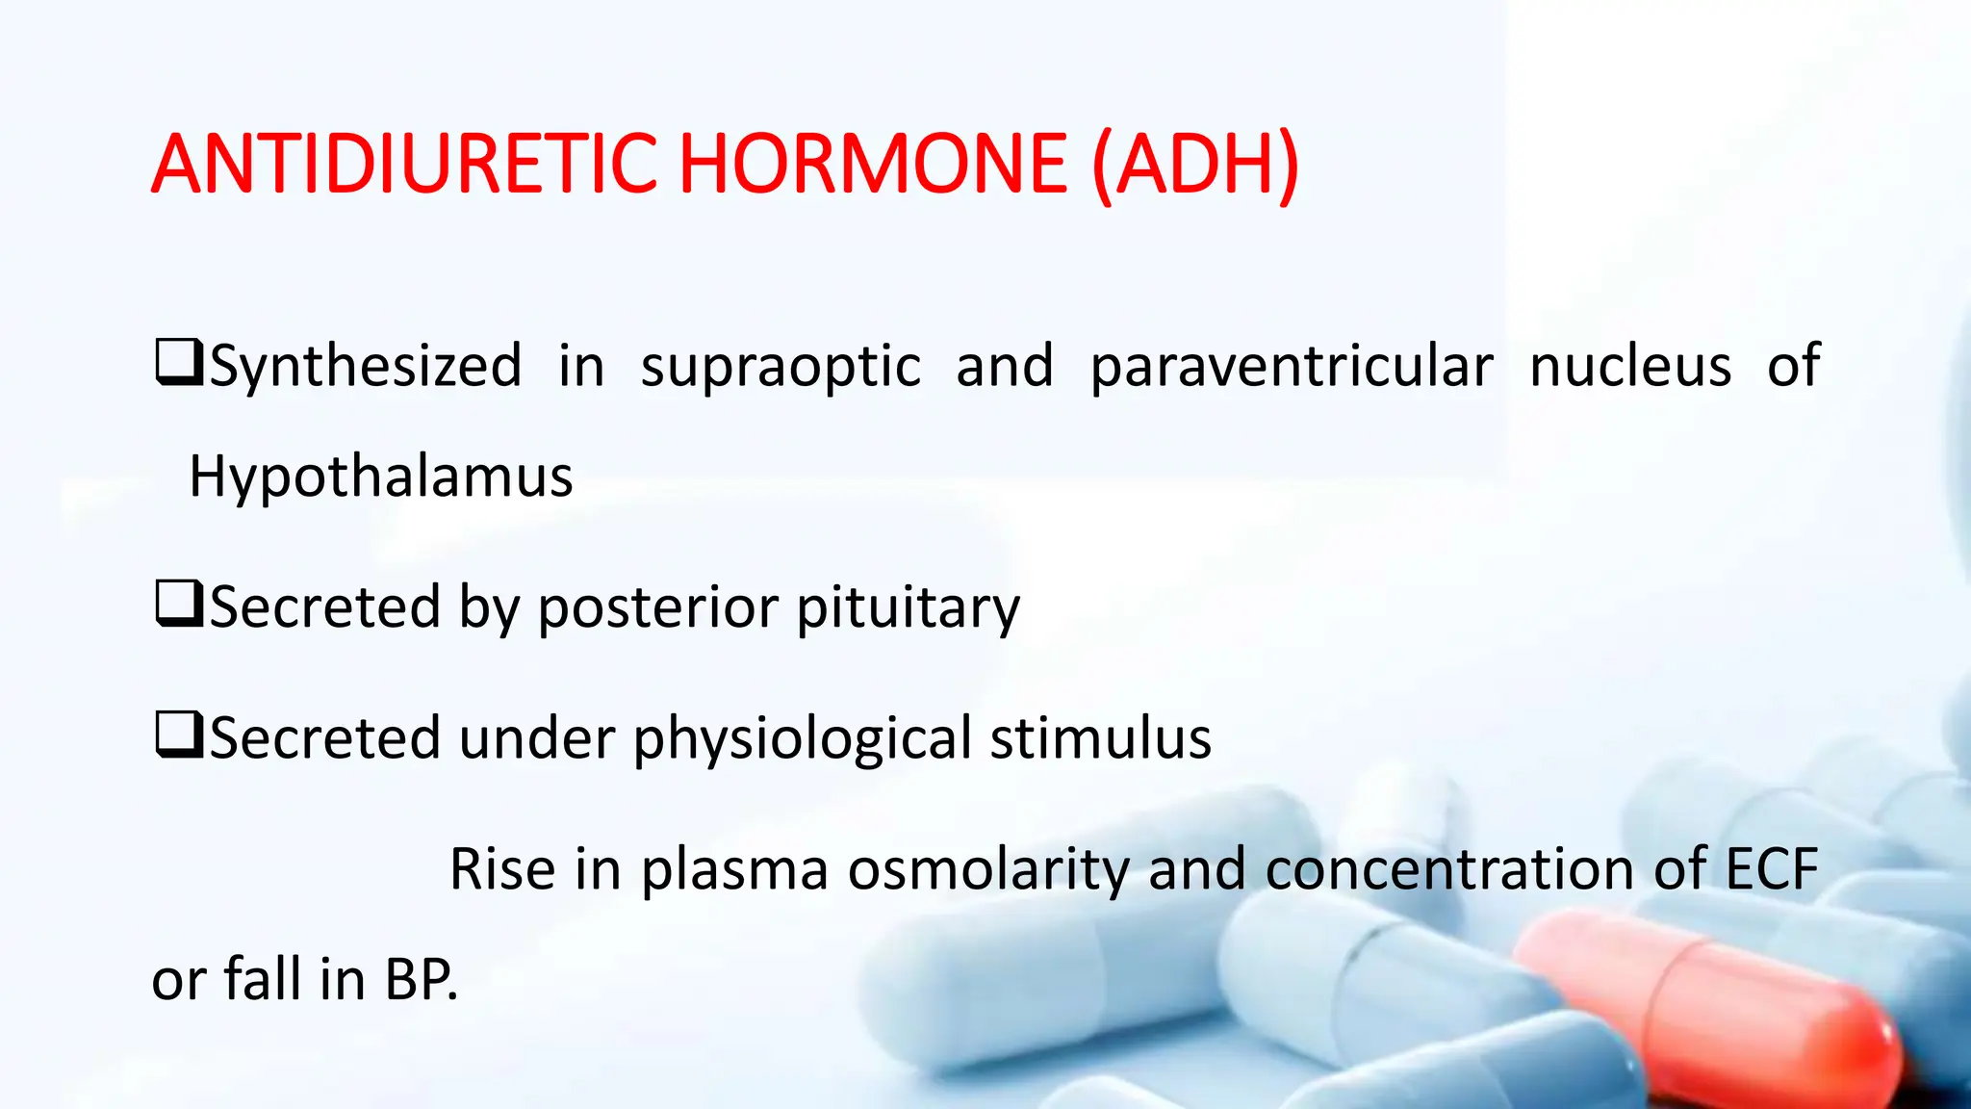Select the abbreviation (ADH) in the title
coord(1196,166)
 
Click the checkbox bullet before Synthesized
coord(178,363)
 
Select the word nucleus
coord(1630,366)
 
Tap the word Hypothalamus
coord(380,477)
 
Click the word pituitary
coord(908,609)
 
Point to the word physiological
coord(803,740)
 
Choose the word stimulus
coord(1100,738)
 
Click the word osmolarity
coord(988,869)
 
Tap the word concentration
coord(1449,869)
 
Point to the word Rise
coord(501,869)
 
